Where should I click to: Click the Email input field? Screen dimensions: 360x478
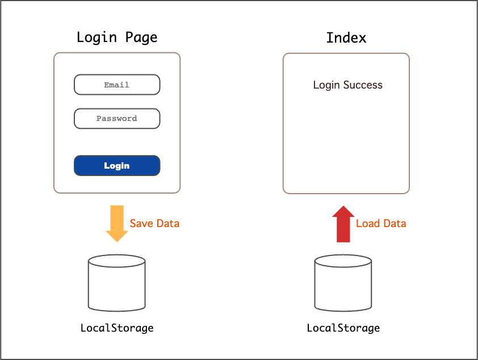coord(117,85)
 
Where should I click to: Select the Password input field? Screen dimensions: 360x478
coord(117,119)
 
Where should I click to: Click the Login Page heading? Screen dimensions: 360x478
coord(117,37)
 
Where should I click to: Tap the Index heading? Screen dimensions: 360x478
coord(346,38)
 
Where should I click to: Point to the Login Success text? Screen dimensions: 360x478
coord(347,85)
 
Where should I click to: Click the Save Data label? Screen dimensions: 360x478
coord(154,223)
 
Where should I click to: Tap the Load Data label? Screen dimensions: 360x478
coord(381,223)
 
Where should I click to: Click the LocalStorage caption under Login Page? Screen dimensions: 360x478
coord(117,328)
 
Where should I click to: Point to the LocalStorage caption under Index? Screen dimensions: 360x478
coord(343,328)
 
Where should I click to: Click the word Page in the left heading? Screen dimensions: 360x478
coord(141,37)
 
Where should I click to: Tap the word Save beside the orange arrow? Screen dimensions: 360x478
coord(142,223)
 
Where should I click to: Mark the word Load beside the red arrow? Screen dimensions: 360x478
coord(367,223)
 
